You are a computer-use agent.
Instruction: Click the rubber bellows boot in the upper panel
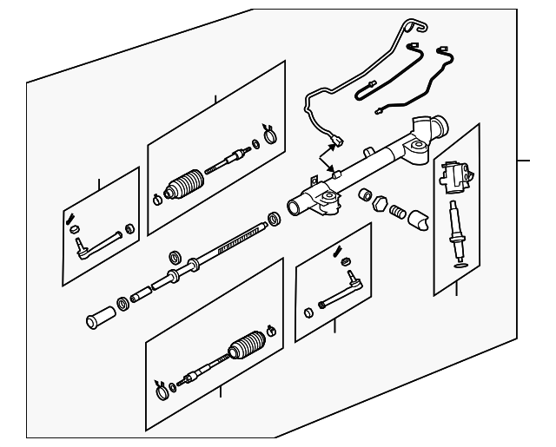[x=185, y=184]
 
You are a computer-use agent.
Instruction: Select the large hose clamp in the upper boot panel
[x=269, y=134]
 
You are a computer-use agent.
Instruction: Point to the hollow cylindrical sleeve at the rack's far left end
[x=95, y=319]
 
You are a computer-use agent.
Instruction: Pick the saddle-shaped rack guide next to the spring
[x=420, y=220]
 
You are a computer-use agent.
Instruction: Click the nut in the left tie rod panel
[x=130, y=229]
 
